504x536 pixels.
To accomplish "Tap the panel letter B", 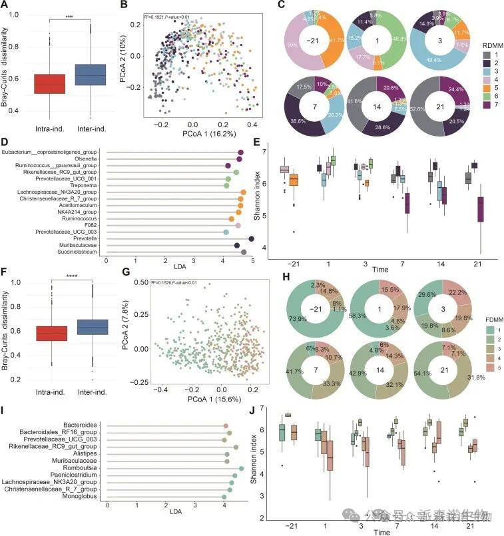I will pyautogui.click(x=123, y=7).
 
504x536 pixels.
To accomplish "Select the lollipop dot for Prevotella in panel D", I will pyautogui.click(x=252, y=238).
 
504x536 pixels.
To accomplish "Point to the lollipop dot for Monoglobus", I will pyautogui.click(x=224, y=497).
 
